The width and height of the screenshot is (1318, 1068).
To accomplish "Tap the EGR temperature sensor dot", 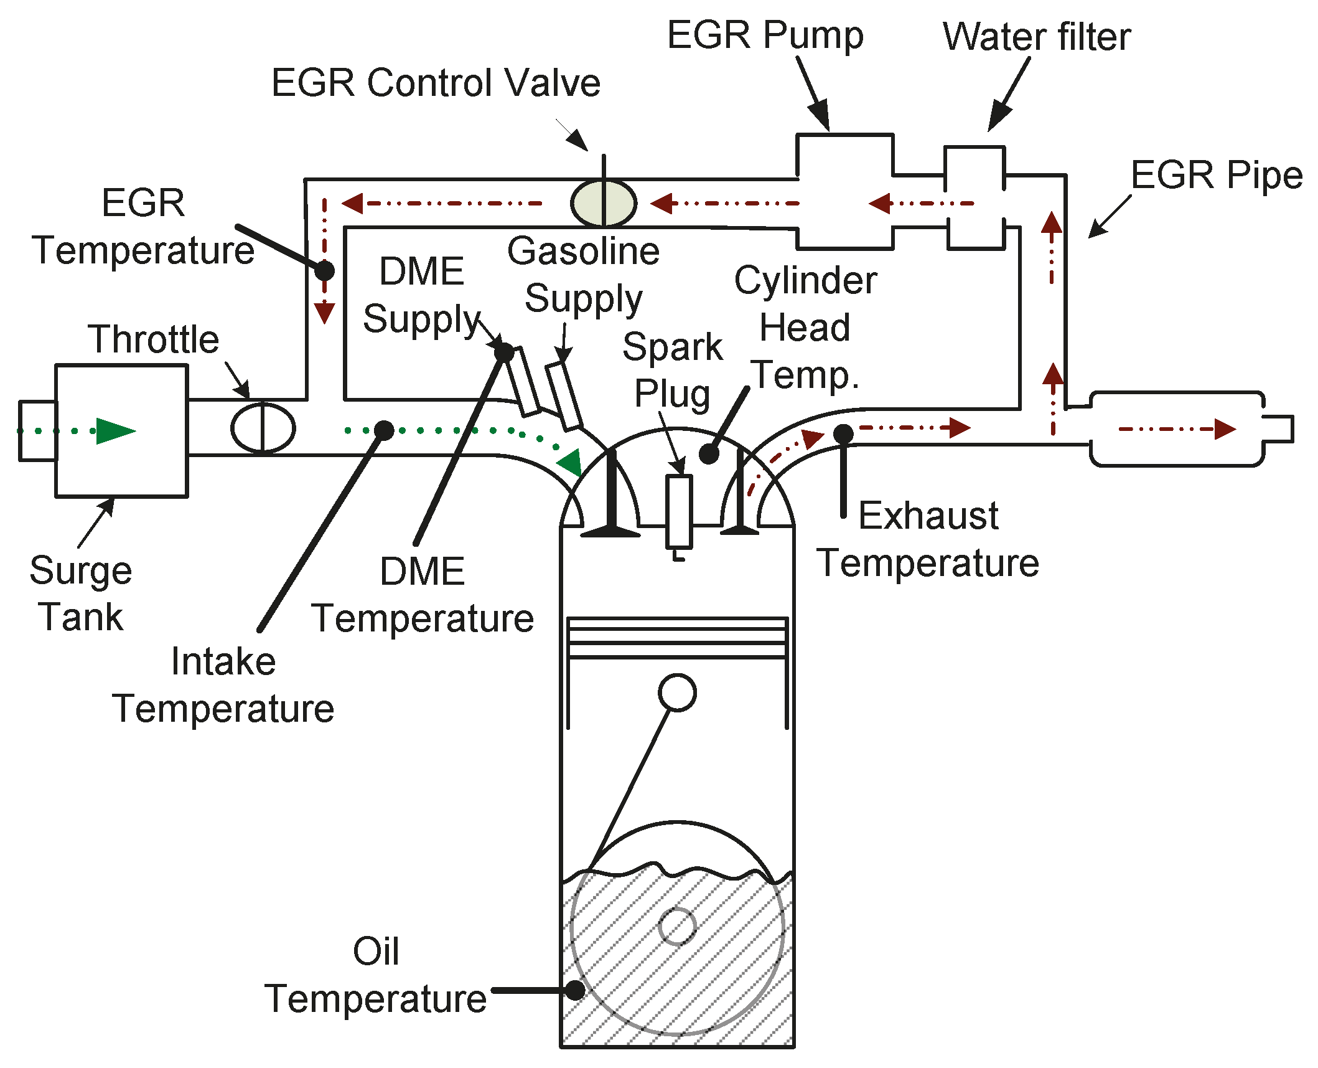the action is click(324, 270).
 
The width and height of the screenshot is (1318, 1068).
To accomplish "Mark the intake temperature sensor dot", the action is click(384, 430).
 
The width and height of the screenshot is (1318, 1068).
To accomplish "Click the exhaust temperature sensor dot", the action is click(843, 433).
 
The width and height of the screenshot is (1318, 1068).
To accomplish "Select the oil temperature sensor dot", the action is click(575, 990).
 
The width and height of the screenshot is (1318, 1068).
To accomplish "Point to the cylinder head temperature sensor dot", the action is click(709, 454).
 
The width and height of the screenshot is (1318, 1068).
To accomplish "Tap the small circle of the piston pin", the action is click(677, 692).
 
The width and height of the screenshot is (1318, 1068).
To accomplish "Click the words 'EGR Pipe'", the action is click(1217, 175).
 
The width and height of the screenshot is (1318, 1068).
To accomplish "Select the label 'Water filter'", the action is click(1037, 37).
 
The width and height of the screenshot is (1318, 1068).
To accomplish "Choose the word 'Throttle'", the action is click(154, 339).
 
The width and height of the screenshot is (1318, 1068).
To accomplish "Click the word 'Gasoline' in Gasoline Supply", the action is click(583, 251).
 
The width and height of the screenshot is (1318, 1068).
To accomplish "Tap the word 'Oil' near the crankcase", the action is click(376, 952).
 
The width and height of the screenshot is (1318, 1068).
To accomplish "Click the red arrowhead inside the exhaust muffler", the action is click(1225, 429).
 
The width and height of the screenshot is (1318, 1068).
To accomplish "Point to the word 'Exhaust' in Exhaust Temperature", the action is click(928, 516).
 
